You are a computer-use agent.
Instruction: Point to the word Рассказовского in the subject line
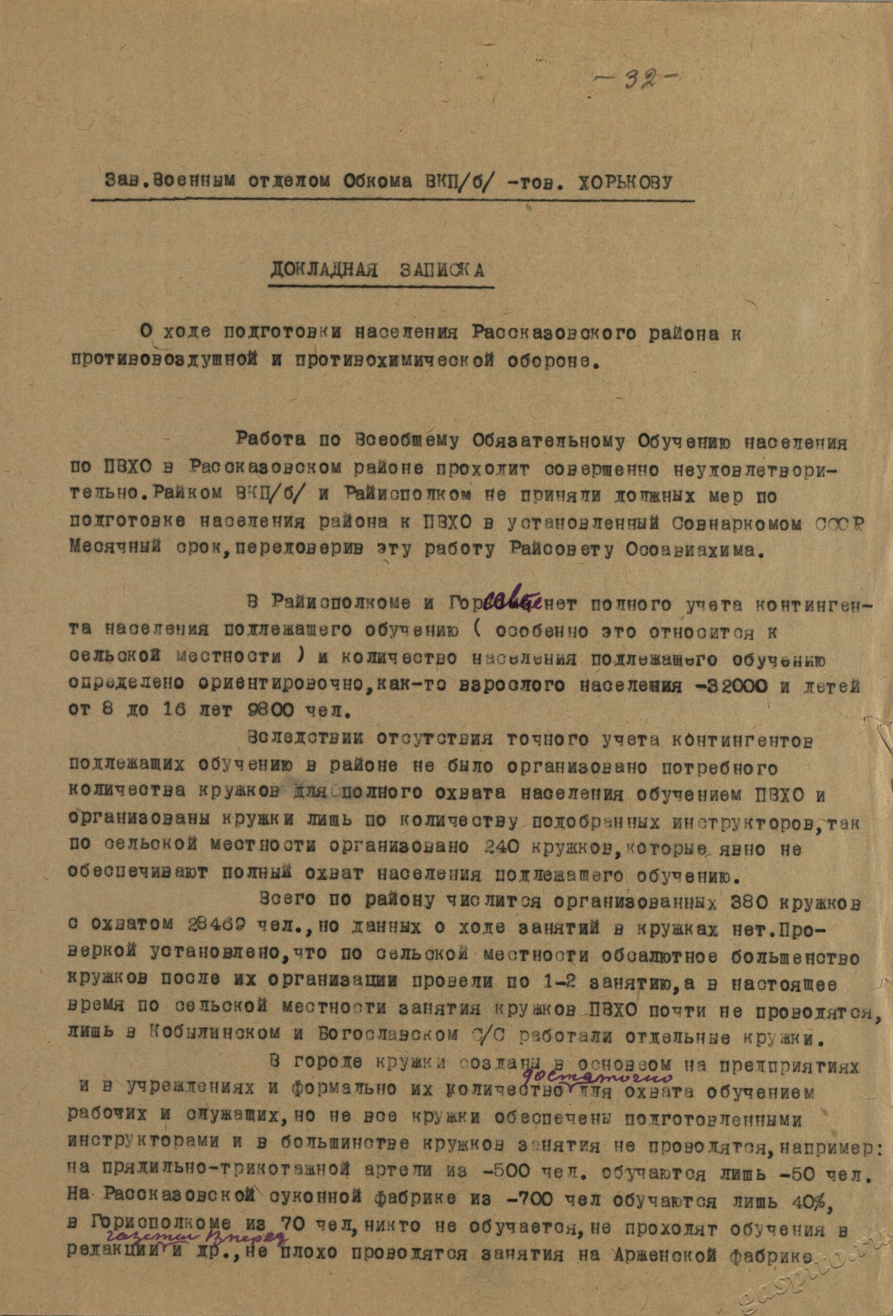coord(543,334)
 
